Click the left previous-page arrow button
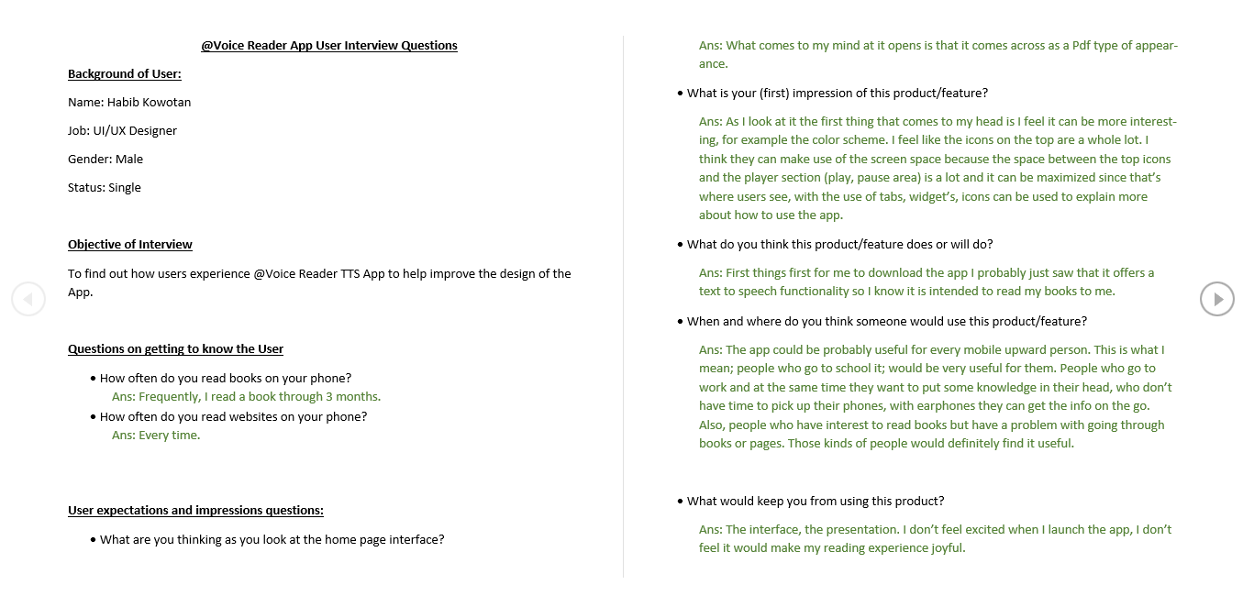pos(28,299)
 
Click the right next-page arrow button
pos(1217,299)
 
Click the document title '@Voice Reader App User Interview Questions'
pos(329,45)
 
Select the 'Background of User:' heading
pos(125,74)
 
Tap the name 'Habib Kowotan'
pos(149,103)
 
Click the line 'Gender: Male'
pos(105,160)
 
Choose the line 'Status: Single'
pos(105,188)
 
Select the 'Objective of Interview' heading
pos(130,245)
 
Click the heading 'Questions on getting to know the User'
pos(175,349)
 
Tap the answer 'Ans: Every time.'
pos(156,436)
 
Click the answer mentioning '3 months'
pos(246,397)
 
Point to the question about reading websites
pos(233,416)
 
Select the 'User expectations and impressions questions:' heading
pos(195,511)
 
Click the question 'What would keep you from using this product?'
pos(816,501)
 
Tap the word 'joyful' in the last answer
pos(945,548)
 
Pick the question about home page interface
pos(272,539)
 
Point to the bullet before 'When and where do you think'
pos(680,322)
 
